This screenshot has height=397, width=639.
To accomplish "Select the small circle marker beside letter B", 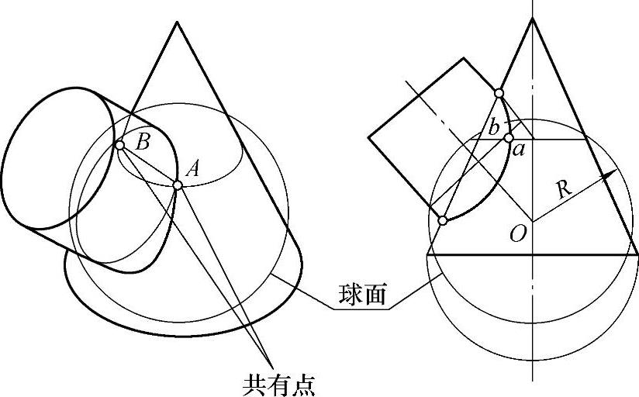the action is click(119, 145).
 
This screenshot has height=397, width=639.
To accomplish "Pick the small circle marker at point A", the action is click(178, 185).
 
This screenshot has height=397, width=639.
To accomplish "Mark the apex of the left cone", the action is click(178, 21).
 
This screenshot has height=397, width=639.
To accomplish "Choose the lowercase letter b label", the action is click(493, 126).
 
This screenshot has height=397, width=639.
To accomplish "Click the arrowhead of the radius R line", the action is click(612, 174).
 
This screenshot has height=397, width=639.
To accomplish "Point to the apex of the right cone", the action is click(533, 18).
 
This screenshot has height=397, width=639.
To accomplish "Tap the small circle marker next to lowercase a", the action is click(509, 138).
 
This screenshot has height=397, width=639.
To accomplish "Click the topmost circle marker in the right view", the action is click(499, 94).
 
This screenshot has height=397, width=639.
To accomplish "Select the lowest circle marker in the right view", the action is click(442, 221).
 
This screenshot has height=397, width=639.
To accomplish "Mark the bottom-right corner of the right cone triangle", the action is click(637, 254).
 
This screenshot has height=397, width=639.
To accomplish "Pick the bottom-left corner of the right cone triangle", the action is click(427, 254).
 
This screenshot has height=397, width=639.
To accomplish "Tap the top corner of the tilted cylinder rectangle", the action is click(464, 57).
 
